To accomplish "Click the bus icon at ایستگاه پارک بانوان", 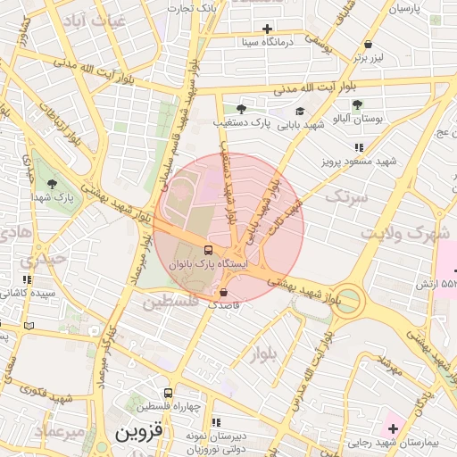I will (x=208, y=250).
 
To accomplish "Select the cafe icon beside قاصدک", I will (x=223, y=292).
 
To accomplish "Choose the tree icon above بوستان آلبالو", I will (x=357, y=104).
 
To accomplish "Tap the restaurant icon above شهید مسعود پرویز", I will (x=359, y=147).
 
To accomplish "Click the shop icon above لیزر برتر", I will (x=368, y=45).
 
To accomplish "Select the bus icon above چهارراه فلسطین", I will (x=168, y=394).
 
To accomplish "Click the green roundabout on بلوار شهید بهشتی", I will (x=348, y=300).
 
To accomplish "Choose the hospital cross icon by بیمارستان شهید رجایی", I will (x=393, y=428).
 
